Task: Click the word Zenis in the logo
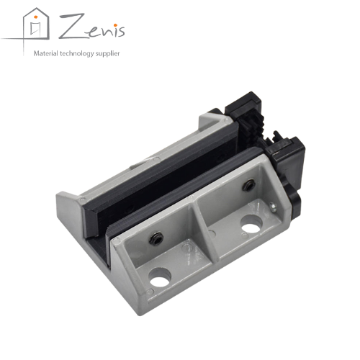pos(92,27)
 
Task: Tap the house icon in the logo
pos(36,24)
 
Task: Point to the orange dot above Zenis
pos(115,25)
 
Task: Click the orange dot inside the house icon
pos(36,17)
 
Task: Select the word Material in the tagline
pos(46,53)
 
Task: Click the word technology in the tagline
pos(77,53)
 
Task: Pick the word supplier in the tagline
pos(107,54)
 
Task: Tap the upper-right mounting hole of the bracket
pos(251,225)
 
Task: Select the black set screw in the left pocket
pos(156,239)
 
